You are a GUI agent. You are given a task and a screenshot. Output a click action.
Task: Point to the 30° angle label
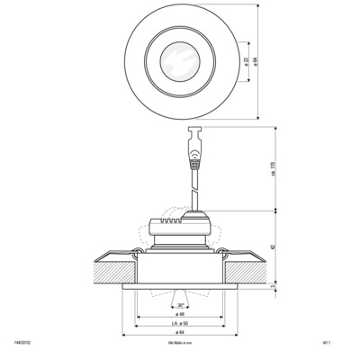tap(182, 306)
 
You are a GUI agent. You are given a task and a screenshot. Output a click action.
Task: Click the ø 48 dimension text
tap(181, 314)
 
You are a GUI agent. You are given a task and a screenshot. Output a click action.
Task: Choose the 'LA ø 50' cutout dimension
tap(181, 324)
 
